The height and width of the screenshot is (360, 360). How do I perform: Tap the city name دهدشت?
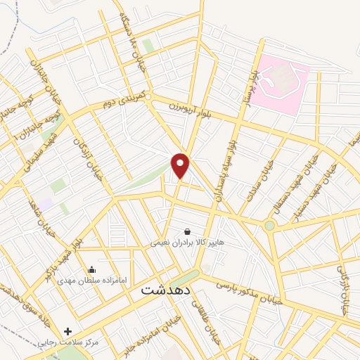tap(166, 288)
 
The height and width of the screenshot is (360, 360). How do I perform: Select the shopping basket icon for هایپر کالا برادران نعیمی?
tap(187, 231)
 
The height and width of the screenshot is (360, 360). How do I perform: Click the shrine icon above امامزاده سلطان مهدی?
tap(91, 269)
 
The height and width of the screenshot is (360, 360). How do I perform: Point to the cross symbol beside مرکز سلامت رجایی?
tap(68, 331)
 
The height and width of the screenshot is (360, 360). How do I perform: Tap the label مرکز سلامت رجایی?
tap(69, 342)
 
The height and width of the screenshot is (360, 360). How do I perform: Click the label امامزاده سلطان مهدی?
tap(91, 281)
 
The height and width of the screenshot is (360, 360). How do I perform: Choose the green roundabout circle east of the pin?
tap(269, 226)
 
